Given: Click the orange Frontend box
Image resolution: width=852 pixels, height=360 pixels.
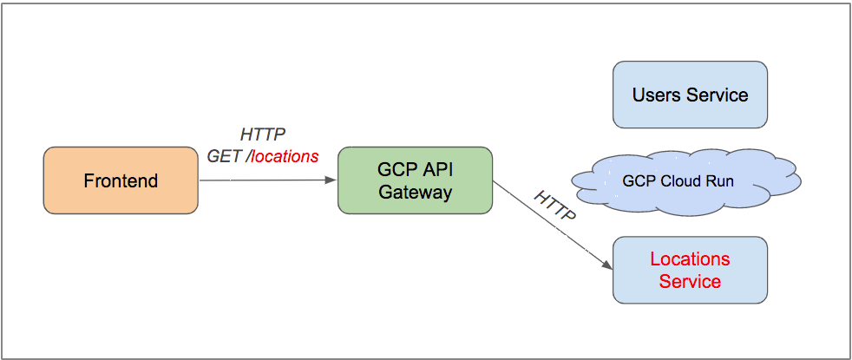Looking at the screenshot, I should (x=121, y=180).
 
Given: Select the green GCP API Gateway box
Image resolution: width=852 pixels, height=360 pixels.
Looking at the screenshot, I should (x=415, y=180).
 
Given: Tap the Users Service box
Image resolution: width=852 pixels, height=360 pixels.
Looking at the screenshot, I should (x=690, y=95).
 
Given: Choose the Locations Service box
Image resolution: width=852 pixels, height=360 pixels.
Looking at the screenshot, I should (x=690, y=270).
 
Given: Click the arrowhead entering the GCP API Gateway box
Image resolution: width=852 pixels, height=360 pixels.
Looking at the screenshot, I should (x=331, y=180).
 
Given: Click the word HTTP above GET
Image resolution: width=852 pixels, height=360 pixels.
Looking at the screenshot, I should (x=262, y=134).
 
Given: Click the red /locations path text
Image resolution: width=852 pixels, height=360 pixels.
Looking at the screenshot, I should (x=283, y=157).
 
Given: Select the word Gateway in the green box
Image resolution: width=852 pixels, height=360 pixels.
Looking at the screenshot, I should (x=415, y=192).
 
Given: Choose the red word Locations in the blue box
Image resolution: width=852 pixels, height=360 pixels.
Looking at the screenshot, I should (x=690, y=259).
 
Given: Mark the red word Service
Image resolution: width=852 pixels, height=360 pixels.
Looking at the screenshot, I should (x=690, y=281).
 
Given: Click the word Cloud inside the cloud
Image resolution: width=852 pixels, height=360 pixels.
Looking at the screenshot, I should (x=687, y=182).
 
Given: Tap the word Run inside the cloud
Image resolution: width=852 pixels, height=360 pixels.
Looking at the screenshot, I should (x=721, y=182).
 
